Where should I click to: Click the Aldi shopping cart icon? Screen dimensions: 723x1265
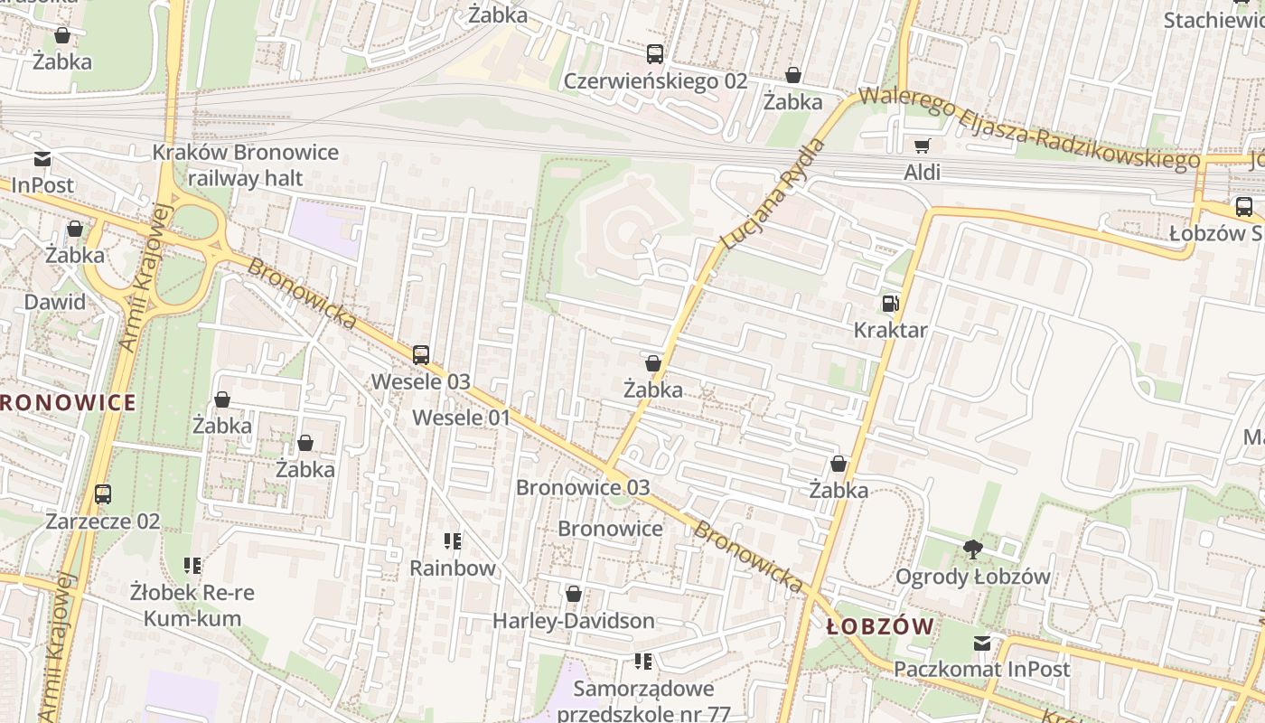(x=922, y=146)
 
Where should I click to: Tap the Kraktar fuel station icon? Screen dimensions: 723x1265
(x=890, y=305)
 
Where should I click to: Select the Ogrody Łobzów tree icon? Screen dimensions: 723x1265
(x=972, y=549)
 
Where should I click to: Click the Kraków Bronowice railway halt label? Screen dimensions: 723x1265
(x=245, y=164)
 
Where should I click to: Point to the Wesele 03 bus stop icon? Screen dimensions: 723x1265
(x=421, y=355)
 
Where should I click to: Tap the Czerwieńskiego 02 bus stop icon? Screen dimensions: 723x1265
(x=655, y=54)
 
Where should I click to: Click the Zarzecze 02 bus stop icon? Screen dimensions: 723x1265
(x=103, y=494)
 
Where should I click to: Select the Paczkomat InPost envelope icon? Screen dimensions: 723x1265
(x=981, y=643)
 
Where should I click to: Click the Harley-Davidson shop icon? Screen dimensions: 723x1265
(x=573, y=595)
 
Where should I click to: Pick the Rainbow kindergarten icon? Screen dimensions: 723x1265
(x=453, y=541)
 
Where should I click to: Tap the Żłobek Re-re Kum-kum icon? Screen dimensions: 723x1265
(x=192, y=567)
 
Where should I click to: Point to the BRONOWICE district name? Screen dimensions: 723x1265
(x=67, y=403)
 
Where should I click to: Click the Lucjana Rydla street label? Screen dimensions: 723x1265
(x=774, y=193)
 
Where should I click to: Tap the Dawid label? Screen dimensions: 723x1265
(x=55, y=302)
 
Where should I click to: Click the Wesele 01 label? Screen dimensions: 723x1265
(x=461, y=418)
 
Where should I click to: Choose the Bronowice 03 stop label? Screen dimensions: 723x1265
(x=583, y=487)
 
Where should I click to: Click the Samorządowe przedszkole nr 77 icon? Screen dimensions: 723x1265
(x=643, y=662)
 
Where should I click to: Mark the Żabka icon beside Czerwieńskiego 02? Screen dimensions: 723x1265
(x=793, y=75)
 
